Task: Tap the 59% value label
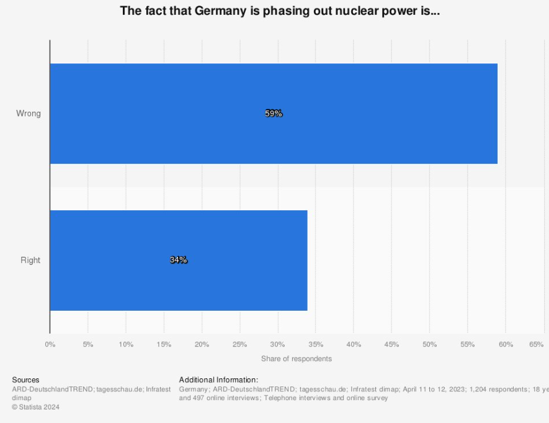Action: click(x=274, y=114)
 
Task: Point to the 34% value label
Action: click(x=179, y=260)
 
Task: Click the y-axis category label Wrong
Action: click(x=29, y=114)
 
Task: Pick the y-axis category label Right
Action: click(x=30, y=260)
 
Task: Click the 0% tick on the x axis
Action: click(x=50, y=344)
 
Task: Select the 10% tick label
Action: click(x=126, y=344)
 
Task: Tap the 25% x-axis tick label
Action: click(x=239, y=344)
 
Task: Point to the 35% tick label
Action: click(x=316, y=344)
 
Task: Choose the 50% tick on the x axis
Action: click(x=429, y=344)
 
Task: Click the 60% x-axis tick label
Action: click(x=506, y=344)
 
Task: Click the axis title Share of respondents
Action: click(x=297, y=358)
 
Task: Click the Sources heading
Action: click(x=25, y=380)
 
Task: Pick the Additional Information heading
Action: click(x=218, y=380)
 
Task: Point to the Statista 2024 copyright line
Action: click(x=36, y=407)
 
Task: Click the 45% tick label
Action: click(x=391, y=344)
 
